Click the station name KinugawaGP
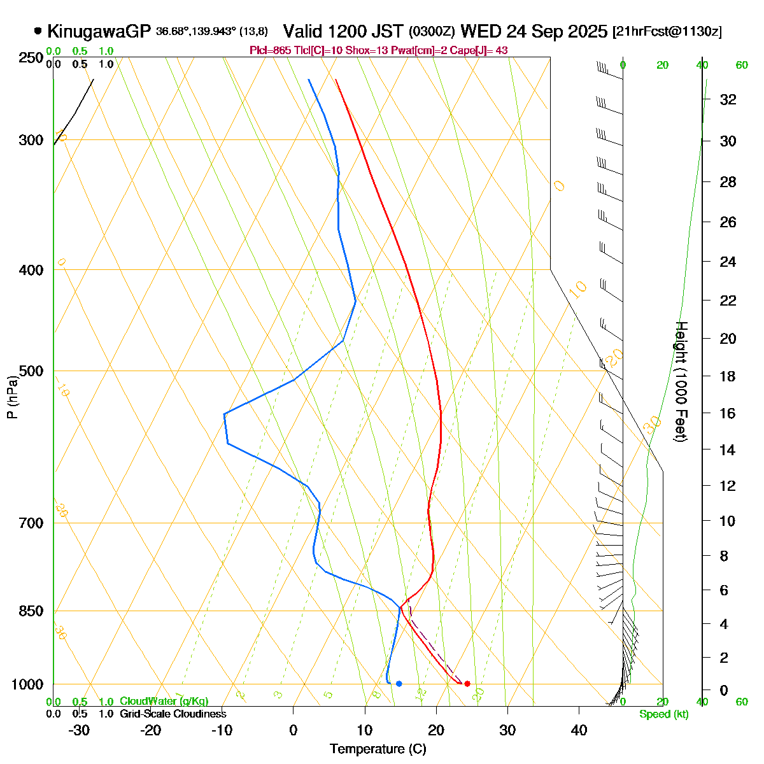[99, 31]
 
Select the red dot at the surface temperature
[467, 684]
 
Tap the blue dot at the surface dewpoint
[399, 684]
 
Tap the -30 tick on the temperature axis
[79, 730]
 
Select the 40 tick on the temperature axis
[579, 730]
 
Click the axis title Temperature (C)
[378, 749]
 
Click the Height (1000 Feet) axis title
[681, 382]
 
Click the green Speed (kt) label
[664, 714]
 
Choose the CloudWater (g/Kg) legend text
[164, 702]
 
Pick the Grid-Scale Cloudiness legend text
[173, 714]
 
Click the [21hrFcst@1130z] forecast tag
[667, 32]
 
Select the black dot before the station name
[38, 31]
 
